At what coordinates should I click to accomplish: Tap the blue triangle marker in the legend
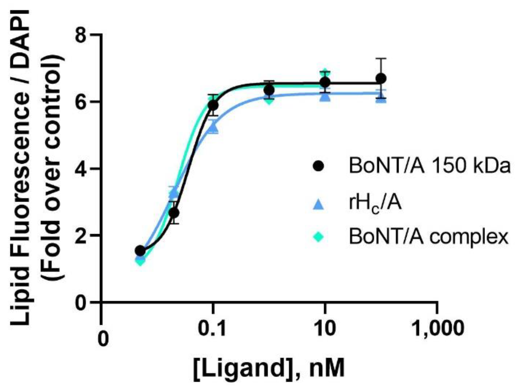click(318, 205)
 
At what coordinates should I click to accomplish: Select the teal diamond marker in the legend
click(318, 237)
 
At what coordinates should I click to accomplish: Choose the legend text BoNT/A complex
click(428, 237)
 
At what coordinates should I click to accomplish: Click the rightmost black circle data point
click(381, 79)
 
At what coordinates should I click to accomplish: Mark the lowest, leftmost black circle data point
click(140, 251)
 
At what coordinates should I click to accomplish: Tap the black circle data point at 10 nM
click(325, 82)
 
